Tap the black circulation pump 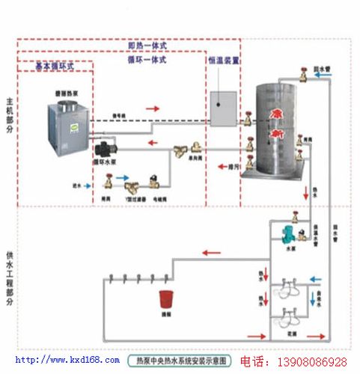(101, 145)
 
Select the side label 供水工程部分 (8, 276)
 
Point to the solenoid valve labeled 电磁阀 (154, 180)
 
